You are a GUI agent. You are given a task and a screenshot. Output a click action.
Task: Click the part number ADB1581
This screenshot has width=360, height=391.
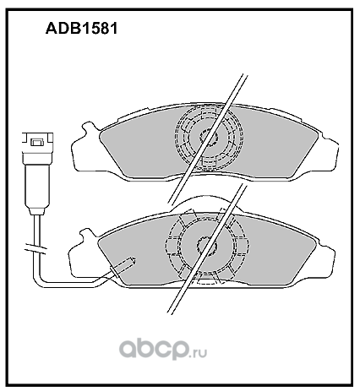[x=81, y=29]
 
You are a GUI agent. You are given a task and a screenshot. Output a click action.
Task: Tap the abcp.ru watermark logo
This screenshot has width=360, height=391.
[x=163, y=349]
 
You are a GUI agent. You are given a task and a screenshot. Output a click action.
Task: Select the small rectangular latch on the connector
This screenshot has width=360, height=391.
[x=36, y=142]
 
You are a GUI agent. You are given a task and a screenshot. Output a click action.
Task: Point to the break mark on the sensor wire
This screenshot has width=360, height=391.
[x=35, y=248]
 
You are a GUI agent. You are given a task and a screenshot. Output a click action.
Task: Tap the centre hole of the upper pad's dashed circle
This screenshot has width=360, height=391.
[x=209, y=137]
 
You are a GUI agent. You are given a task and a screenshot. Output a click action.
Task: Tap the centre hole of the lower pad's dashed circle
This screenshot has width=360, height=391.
[x=207, y=246]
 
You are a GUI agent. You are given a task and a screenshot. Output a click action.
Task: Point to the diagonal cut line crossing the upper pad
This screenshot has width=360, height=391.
[x=207, y=138]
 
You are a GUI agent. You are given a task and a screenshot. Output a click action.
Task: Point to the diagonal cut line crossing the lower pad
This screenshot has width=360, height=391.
[x=206, y=248]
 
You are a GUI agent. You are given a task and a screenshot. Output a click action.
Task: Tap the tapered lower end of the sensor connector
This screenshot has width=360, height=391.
[x=37, y=211]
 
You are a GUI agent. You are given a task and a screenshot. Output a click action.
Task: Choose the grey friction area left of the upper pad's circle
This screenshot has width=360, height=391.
[x=138, y=146]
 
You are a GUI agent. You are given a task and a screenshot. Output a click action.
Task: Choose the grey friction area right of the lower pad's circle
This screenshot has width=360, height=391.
[x=281, y=253]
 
